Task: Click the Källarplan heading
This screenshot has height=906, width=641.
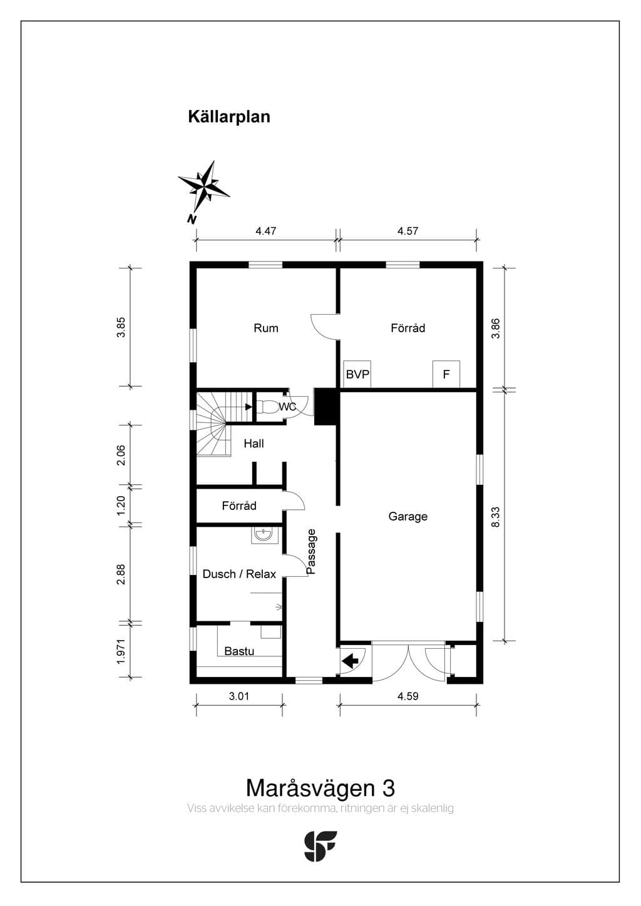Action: pyautogui.click(x=229, y=117)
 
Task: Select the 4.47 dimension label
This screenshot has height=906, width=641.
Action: pyautogui.click(x=266, y=231)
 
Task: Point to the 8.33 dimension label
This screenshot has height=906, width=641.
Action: pyautogui.click(x=496, y=517)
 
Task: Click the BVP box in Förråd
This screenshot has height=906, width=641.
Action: pyautogui.click(x=357, y=374)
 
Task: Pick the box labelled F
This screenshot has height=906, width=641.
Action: pyautogui.click(x=446, y=374)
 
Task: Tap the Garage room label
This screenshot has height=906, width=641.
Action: pyautogui.click(x=408, y=516)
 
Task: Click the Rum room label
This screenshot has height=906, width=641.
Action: pyautogui.click(x=266, y=328)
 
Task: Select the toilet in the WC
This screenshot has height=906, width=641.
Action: pyautogui.click(x=267, y=407)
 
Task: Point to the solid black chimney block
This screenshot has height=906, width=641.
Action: pyautogui.click(x=326, y=407)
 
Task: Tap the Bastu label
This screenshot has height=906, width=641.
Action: pyautogui.click(x=239, y=651)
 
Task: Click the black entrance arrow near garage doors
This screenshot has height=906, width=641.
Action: pyautogui.click(x=350, y=662)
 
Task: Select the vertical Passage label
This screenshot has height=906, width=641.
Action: pyautogui.click(x=310, y=552)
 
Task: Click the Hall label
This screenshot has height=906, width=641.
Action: pyautogui.click(x=254, y=444)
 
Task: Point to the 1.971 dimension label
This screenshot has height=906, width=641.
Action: pyautogui.click(x=121, y=651)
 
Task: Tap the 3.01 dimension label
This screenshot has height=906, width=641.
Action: pyautogui.click(x=239, y=696)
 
